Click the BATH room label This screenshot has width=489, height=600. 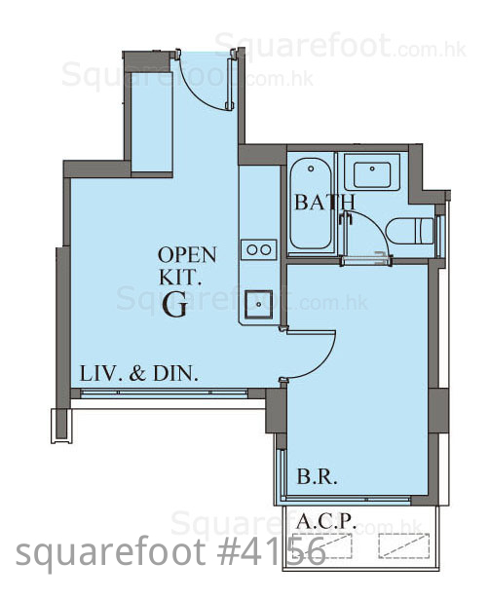[324, 202]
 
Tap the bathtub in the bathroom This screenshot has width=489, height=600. [311, 204]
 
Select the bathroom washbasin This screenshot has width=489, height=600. [372, 175]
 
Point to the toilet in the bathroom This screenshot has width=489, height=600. [409, 231]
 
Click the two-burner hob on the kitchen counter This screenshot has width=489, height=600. [259, 249]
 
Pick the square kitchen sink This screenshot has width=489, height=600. [259, 305]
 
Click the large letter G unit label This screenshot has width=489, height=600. [175, 305]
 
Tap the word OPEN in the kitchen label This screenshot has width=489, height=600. [187, 255]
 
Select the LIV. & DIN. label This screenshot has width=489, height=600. [139, 373]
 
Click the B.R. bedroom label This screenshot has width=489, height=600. [317, 477]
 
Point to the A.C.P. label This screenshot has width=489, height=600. [326, 521]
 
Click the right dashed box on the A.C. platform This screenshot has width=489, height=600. [404, 545]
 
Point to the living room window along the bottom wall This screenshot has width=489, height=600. [165, 393]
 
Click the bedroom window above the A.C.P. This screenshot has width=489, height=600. [346, 499]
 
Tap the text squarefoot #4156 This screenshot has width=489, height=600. [170, 551]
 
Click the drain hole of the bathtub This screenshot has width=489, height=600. [311, 169]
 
